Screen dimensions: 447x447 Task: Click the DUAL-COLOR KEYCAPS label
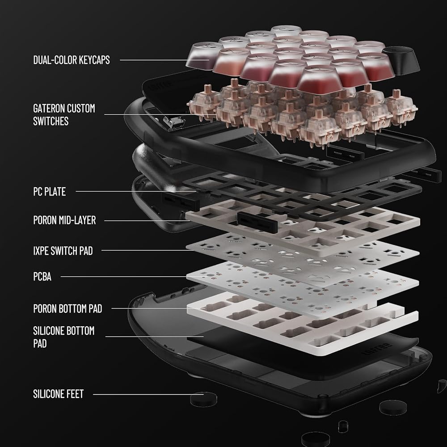click(x=72, y=60)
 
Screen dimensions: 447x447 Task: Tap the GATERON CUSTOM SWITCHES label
click(x=64, y=114)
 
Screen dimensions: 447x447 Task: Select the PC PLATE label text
click(x=50, y=191)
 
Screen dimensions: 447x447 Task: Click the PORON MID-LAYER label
click(x=65, y=220)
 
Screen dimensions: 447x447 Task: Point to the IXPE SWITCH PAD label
click(x=63, y=251)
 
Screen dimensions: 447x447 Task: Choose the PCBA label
click(x=42, y=277)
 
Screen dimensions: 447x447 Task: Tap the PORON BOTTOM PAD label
click(x=67, y=308)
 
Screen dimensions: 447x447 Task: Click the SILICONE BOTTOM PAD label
click(x=64, y=337)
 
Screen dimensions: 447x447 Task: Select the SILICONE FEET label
click(x=59, y=394)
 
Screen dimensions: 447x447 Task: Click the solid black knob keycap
click(x=401, y=59)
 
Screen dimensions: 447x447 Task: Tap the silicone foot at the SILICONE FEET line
click(x=203, y=399)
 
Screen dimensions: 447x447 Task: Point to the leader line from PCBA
click(x=124, y=277)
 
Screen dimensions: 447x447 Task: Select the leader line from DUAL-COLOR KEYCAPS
click(x=164, y=60)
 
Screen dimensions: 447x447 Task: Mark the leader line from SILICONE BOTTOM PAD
click(x=155, y=337)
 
